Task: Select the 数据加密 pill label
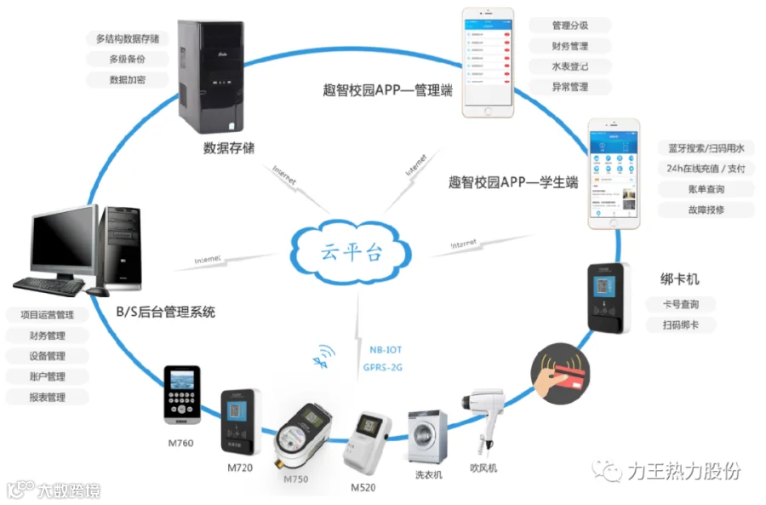point(127,79)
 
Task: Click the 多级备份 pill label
point(127,59)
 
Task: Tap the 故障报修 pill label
point(694,209)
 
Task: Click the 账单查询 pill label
point(694,189)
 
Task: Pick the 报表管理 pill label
point(47,397)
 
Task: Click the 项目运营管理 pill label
point(47,315)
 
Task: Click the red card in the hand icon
point(568,374)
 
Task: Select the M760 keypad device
point(183,394)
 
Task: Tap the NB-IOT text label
point(385,348)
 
